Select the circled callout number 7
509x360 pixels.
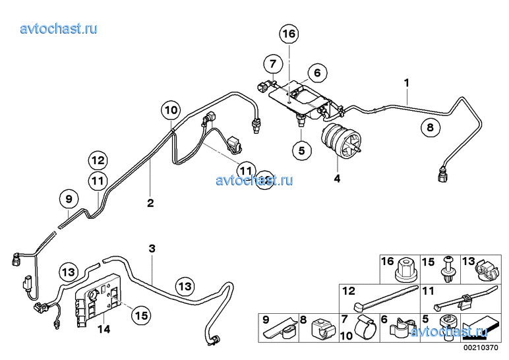pos(271,64)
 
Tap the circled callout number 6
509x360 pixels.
pos(316,73)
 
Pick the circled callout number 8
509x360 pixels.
pos(430,129)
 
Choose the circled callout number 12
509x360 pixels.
pos(98,160)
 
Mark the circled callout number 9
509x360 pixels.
pos(67,197)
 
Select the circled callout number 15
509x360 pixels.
pos(140,315)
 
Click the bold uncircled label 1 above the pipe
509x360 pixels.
pos(407,82)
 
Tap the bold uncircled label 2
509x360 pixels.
pos(150,202)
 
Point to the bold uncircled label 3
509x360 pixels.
pos(152,249)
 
